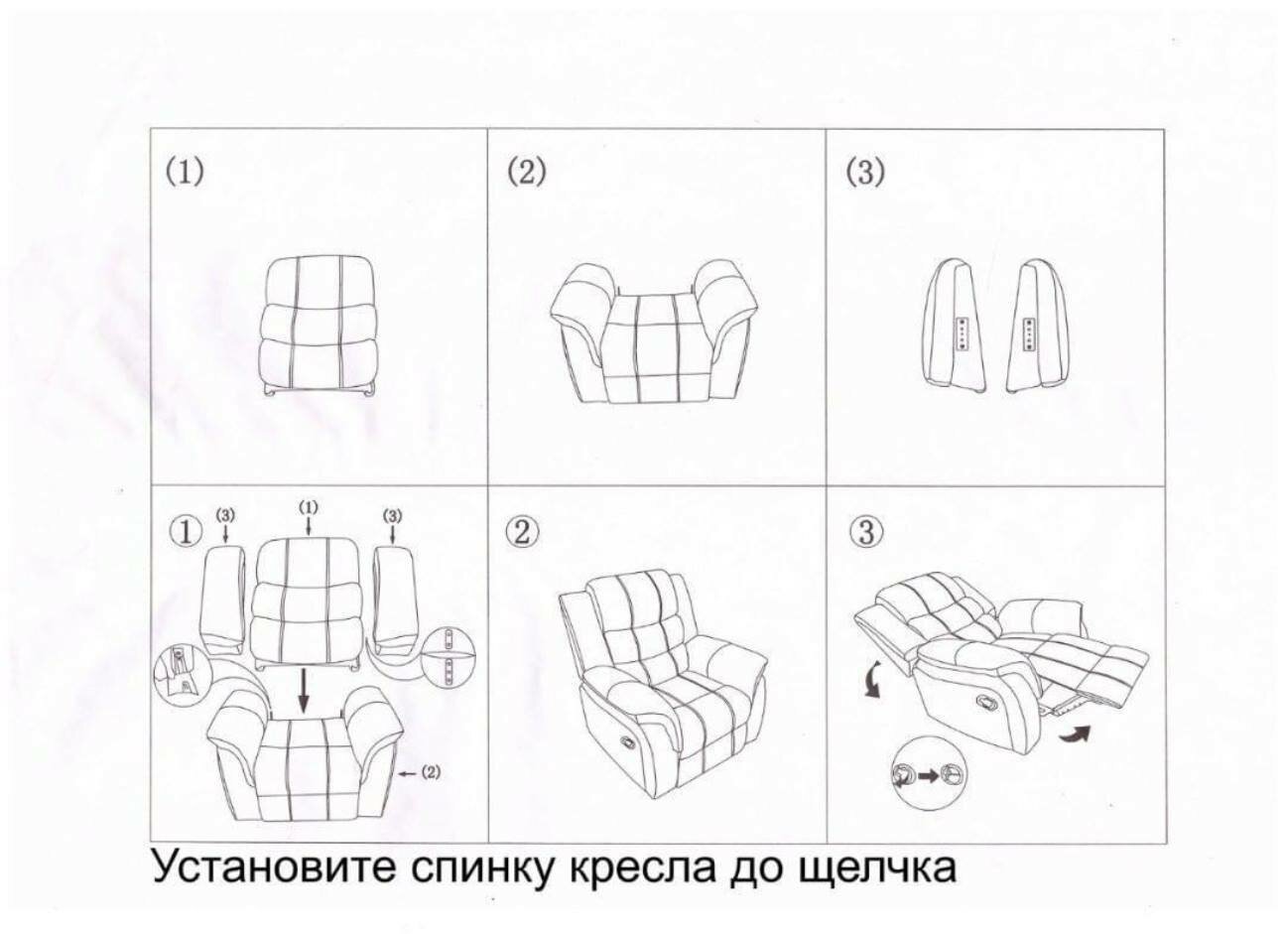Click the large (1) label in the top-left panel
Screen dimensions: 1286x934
[x=185, y=171]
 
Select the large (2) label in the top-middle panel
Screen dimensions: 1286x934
[x=527, y=171]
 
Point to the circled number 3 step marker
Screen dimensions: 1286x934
[x=865, y=532]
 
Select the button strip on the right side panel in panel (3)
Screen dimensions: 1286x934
[x=1029, y=334]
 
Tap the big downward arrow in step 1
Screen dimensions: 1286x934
[x=304, y=690]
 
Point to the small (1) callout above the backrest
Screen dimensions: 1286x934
[x=310, y=507]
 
